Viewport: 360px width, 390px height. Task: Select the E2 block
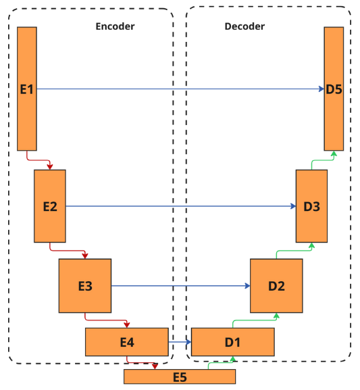tap(50, 206)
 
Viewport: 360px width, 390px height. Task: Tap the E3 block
tap(85, 286)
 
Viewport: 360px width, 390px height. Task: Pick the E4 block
tap(126, 341)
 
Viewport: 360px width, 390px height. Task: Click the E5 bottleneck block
tap(180, 376)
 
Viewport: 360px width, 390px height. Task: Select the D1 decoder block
tap(233, 341)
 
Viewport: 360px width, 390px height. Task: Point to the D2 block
tap(276, 286)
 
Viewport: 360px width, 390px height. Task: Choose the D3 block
tap(311, 206)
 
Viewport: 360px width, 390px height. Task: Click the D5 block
tap(334, 89)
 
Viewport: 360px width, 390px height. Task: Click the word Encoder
tap(115, 26)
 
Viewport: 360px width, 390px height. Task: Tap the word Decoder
tap(245, 26)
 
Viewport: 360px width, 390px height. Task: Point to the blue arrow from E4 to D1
tap(180, 341)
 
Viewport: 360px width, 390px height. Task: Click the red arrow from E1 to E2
tap(38, 161)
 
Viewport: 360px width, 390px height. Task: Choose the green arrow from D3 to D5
tap(322, 161)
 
